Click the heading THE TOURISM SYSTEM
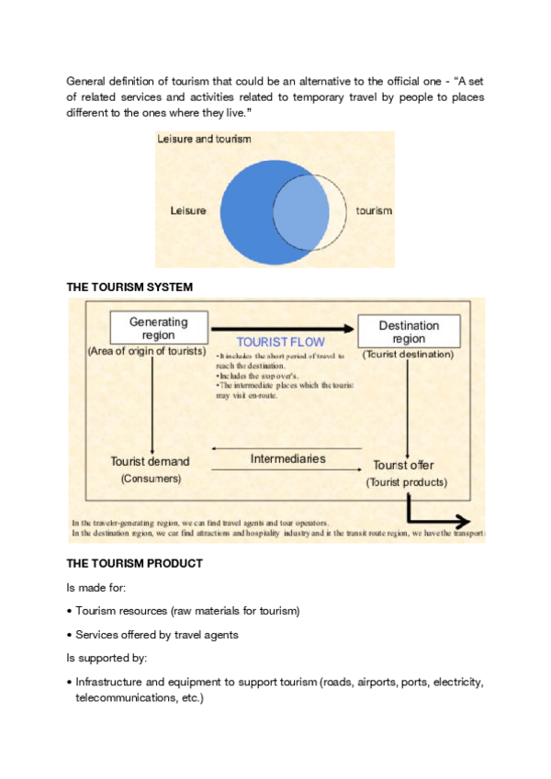(129, 288)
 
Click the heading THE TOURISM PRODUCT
(134, 562)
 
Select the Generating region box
(158, 329)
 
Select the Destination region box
(409, 332)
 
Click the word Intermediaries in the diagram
(288, 457)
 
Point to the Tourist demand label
(150, 461)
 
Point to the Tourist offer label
(404, 465)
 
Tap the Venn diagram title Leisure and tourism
(204, 140)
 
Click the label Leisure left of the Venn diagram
(188, 210)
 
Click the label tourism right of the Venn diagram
(374, 210)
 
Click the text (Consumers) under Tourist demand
(151, 479)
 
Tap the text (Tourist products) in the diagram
(407, 482)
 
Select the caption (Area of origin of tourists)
(147, 352)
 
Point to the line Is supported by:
(104, 659)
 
